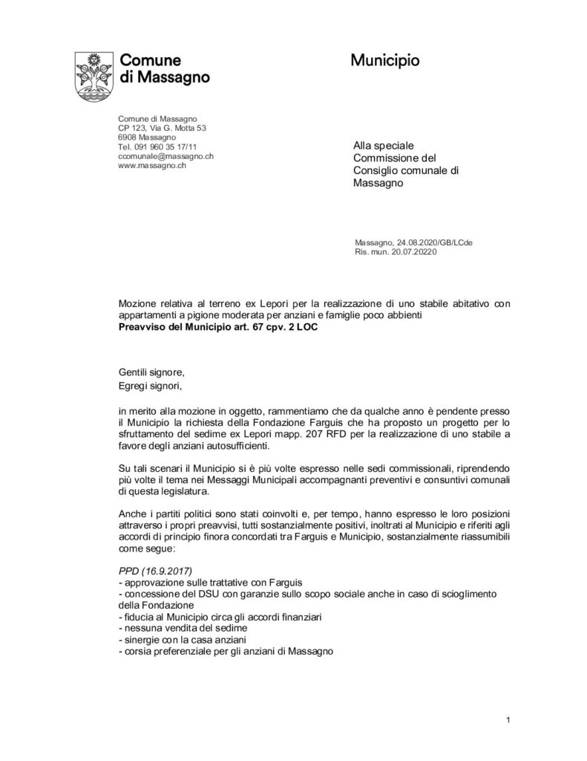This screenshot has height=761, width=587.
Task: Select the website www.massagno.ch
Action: click(151, 166)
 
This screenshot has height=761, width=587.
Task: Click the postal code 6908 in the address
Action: click(128, 137)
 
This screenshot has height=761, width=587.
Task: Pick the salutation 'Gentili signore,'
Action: click(148, 372)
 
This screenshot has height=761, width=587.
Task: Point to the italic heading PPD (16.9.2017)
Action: click(155, 569)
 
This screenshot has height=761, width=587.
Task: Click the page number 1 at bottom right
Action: click(508, 719)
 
